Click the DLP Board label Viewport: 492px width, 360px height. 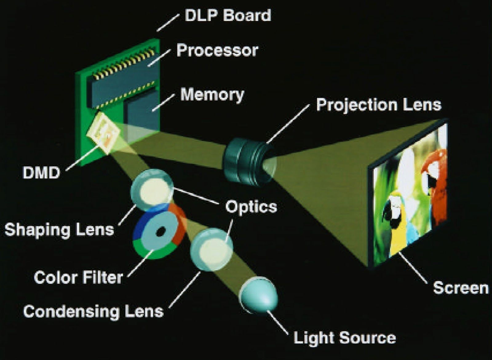click(x=228, y=15)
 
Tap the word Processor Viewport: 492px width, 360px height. click(x=217, y=50)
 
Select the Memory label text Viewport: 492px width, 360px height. click(x=212, y=95)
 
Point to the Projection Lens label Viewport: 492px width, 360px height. click(x=379, y=105)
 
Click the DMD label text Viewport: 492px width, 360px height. click(x=41, y=173)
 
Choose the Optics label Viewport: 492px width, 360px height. click(x=251, y=207)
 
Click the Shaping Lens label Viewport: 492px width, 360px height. click(x=59, y=230)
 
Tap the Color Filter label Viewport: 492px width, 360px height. click(x=78, y=278)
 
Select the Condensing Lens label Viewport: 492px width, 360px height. click(x=93, y=311)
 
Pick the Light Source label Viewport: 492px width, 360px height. click(x=344, y=338)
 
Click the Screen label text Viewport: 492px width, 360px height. click(x=460, y=288)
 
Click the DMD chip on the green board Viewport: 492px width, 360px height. click(x=105, y=133)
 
